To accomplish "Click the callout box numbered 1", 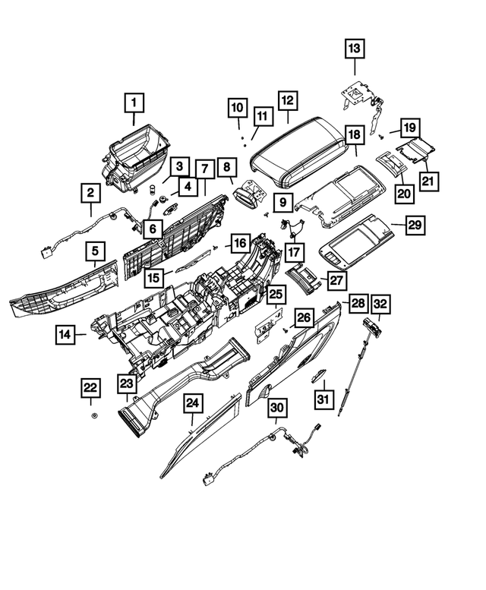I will click(134, 101).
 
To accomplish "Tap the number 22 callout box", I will click(90, 388).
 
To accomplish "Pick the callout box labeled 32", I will click(380, 304).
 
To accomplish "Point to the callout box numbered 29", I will click(414, 225).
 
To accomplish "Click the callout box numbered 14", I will click(66, 333).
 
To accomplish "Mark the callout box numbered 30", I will click(277, 409).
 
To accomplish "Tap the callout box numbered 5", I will click(95, 249).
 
